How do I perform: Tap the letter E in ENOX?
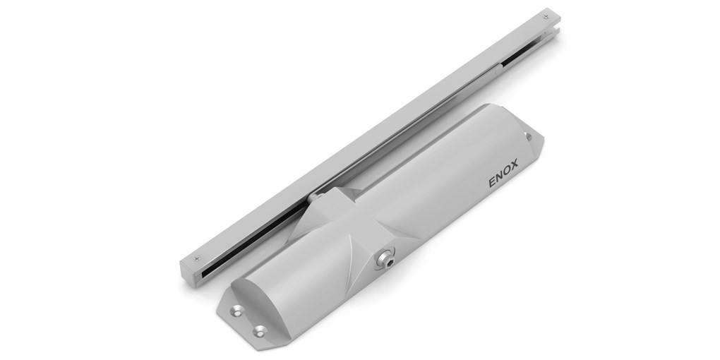point(492,183)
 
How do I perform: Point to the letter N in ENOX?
point(500,181)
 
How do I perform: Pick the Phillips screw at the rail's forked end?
point(546,14)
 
